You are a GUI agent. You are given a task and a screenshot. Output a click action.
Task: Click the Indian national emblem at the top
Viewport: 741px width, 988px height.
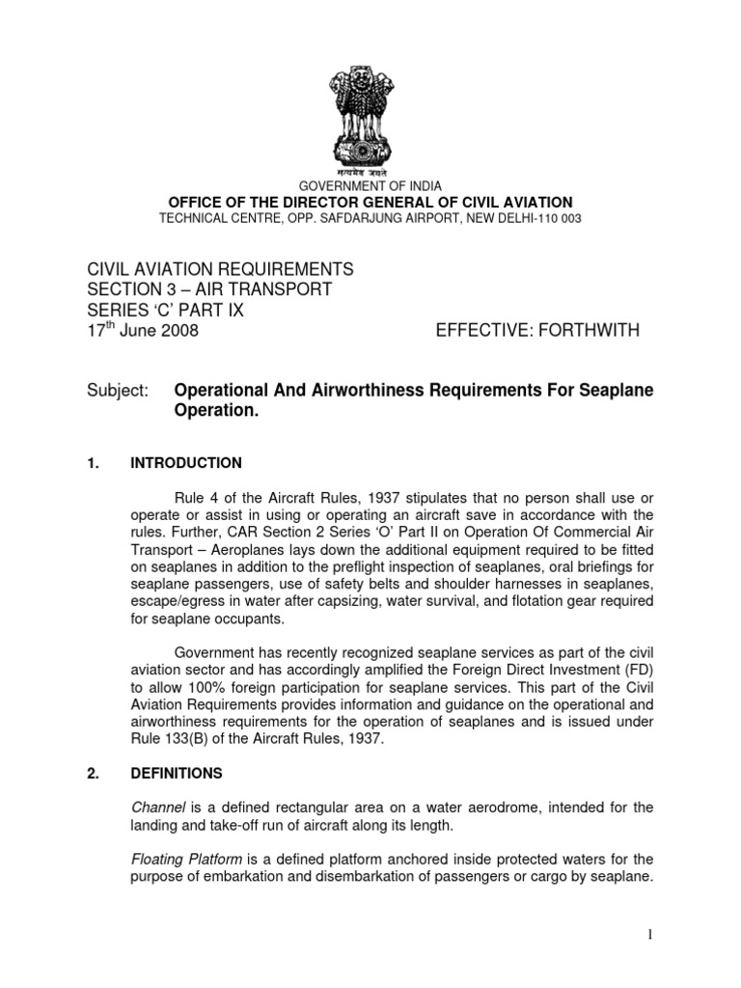(x=370, y=107)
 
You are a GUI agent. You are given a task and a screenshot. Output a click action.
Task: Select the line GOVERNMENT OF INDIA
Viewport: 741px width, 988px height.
(x=370, y=185)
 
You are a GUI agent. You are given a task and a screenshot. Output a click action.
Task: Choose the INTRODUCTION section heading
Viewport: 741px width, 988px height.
(x=186, y=463)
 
